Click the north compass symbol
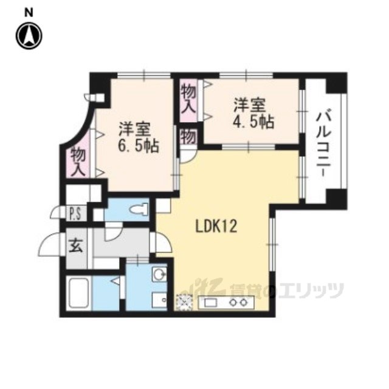(x=29, y=36)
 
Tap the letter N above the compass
(x=29, y=13)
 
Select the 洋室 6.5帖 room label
(x=139, y=137)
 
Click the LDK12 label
(x=216, y=227)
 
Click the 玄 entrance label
(x=75, y=245)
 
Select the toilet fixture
(x=139, y=210)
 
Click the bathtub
(x=78, y=294)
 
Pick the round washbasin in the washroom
(x=159, y=274)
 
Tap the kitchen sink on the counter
(x=210, y=303)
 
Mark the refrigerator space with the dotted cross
(x=184, y=302)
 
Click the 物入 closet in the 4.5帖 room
(x=188, y=100)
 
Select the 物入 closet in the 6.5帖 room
(x=78, y=159)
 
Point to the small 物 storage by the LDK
(x=188, y=137)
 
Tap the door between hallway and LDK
(x=160, y=243)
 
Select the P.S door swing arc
(x=58, y=212)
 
